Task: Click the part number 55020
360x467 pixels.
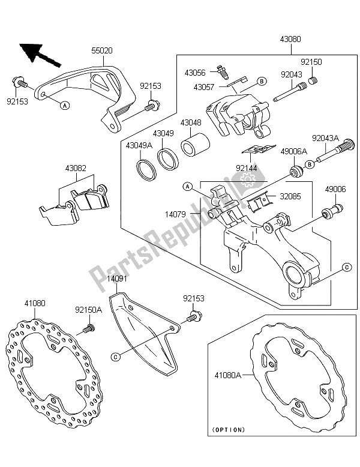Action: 101,50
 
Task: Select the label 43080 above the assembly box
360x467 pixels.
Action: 290,39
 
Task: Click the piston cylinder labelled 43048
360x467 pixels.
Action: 196,145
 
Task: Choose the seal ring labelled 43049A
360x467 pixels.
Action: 146,170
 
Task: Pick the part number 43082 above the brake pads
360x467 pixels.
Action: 76,168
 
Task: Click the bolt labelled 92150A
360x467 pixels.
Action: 88,329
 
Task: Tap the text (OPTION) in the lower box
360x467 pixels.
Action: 229,430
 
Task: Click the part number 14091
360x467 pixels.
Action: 117,279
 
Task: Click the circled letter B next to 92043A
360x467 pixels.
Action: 309,164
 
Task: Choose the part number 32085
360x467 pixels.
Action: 290,196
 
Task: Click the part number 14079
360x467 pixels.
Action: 176,214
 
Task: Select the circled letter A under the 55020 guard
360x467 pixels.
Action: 65,105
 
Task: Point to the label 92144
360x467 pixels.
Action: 246,168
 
